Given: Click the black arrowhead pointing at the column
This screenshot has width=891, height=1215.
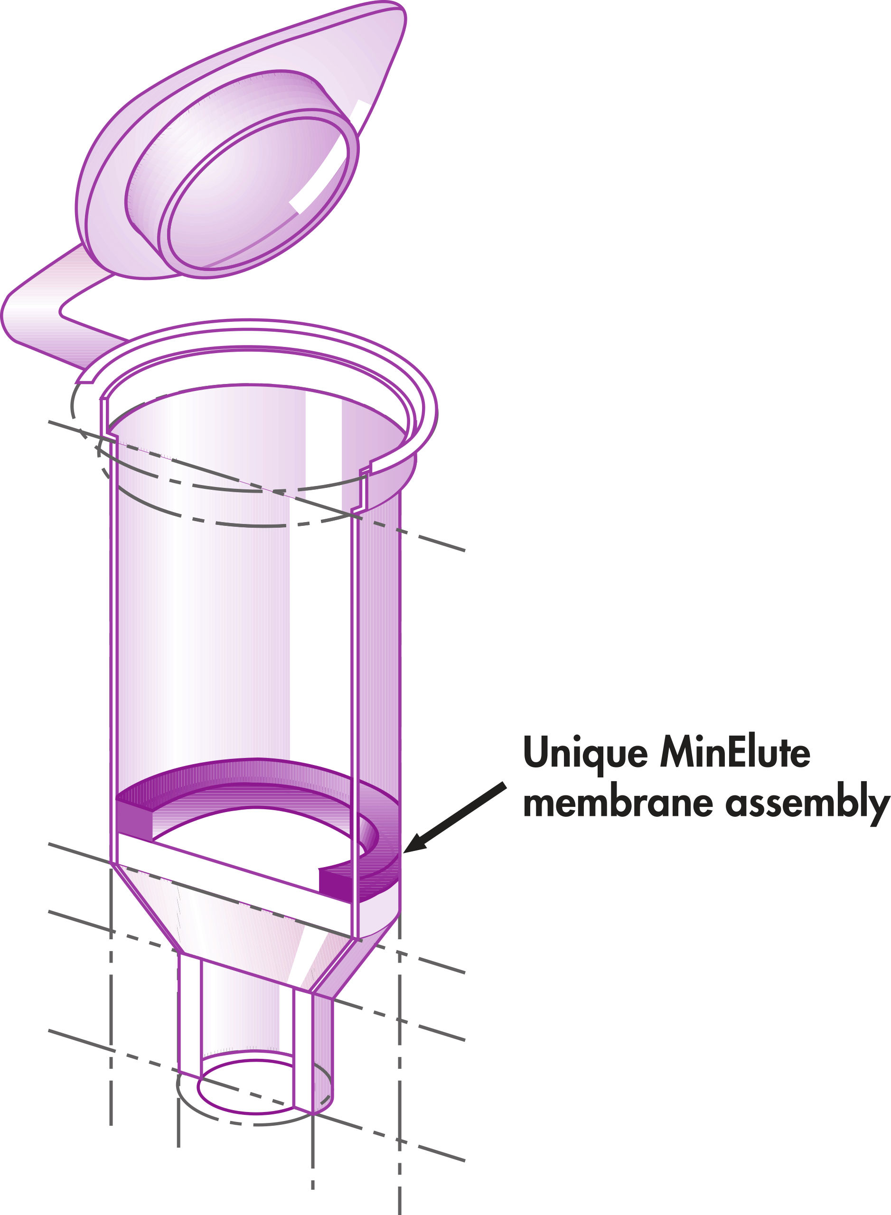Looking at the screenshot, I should tap(416, 846).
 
